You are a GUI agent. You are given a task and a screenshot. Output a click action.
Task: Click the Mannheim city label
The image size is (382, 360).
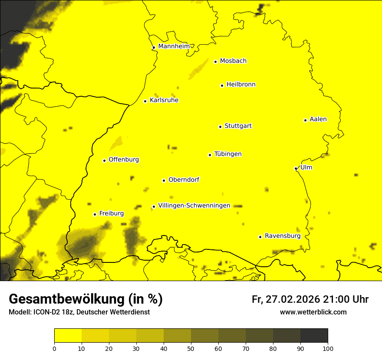[174, 46]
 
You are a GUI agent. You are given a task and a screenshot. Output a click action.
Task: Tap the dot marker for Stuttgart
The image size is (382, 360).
[220, 127]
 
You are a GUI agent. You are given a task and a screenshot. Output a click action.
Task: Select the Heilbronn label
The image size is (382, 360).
[240, 84]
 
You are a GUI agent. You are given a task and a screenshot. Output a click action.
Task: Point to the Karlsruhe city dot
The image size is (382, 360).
[145, 101]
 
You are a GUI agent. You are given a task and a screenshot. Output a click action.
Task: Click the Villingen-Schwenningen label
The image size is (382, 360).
[194, 205]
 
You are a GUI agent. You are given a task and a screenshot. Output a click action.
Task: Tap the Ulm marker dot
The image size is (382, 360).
[296, 168]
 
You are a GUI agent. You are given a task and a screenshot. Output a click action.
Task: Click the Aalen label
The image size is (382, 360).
[318, 119]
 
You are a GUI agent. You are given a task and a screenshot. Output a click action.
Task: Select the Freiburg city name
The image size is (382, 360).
[111, 213]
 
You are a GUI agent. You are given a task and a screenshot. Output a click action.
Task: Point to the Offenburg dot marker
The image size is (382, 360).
[104, 160]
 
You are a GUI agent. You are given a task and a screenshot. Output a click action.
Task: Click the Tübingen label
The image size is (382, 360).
[227, 154]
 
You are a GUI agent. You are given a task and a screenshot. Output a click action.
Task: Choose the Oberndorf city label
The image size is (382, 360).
[184, 179]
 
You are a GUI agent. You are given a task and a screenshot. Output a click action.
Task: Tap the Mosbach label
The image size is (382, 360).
[233, 61]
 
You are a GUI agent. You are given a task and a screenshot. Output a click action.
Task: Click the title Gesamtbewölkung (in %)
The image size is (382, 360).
[86, 299]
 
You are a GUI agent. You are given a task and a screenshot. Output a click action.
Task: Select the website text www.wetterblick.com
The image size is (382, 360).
[313, 312]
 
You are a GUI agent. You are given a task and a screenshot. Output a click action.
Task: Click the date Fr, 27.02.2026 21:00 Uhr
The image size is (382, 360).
[310, 299]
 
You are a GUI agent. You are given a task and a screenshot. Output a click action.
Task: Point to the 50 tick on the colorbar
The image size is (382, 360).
[191, 348]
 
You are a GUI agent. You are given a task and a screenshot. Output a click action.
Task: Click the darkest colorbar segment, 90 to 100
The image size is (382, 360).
[314, 336]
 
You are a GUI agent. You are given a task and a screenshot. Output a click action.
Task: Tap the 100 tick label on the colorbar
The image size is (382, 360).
[327, 348]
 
